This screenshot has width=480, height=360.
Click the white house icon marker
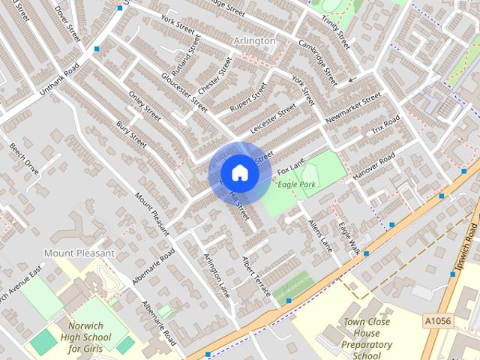pyautogui.click(x=239, y=172)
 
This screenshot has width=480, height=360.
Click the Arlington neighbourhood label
pyautogui.click(x=255, y=40)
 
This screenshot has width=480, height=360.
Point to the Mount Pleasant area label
pyautogui.click(x=79, y=253)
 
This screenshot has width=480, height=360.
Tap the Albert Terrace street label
pyautogui.click(x=255, y=275)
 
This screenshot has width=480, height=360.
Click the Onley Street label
pyautogui.click(x=145, y=106)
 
